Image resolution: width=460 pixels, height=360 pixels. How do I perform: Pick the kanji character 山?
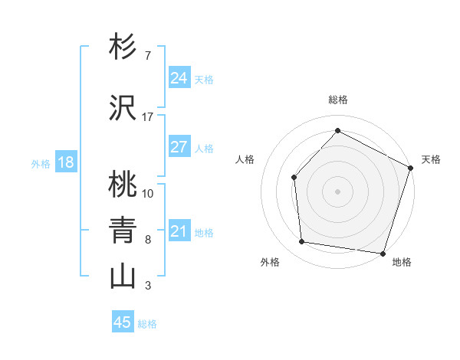coord(122,277)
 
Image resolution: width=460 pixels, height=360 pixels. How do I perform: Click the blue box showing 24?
coord(179,78)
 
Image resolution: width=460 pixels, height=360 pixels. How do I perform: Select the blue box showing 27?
coord(179,147)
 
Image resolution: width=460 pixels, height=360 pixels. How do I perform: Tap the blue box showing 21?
coord(179,231)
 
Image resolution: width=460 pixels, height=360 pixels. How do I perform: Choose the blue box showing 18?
coord(65,162)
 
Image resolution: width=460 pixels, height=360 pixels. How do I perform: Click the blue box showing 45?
coord(123,322)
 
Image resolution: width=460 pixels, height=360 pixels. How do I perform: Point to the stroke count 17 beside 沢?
coord(148,117)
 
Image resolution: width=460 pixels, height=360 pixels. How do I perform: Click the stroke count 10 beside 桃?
coord(148,193)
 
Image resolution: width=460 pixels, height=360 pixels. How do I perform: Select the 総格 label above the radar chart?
coord(338,100)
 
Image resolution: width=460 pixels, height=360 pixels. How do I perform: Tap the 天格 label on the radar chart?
coord(431,159)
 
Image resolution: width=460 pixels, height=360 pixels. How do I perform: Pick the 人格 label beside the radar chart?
coord(245,159)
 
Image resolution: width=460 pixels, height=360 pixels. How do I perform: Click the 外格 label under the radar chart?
coord(270,263)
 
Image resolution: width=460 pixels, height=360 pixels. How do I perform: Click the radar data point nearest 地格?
coord(383,253)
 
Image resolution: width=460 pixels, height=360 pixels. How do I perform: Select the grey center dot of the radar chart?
coord(337,191)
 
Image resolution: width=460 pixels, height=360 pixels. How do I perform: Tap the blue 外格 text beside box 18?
coord(41,163)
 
